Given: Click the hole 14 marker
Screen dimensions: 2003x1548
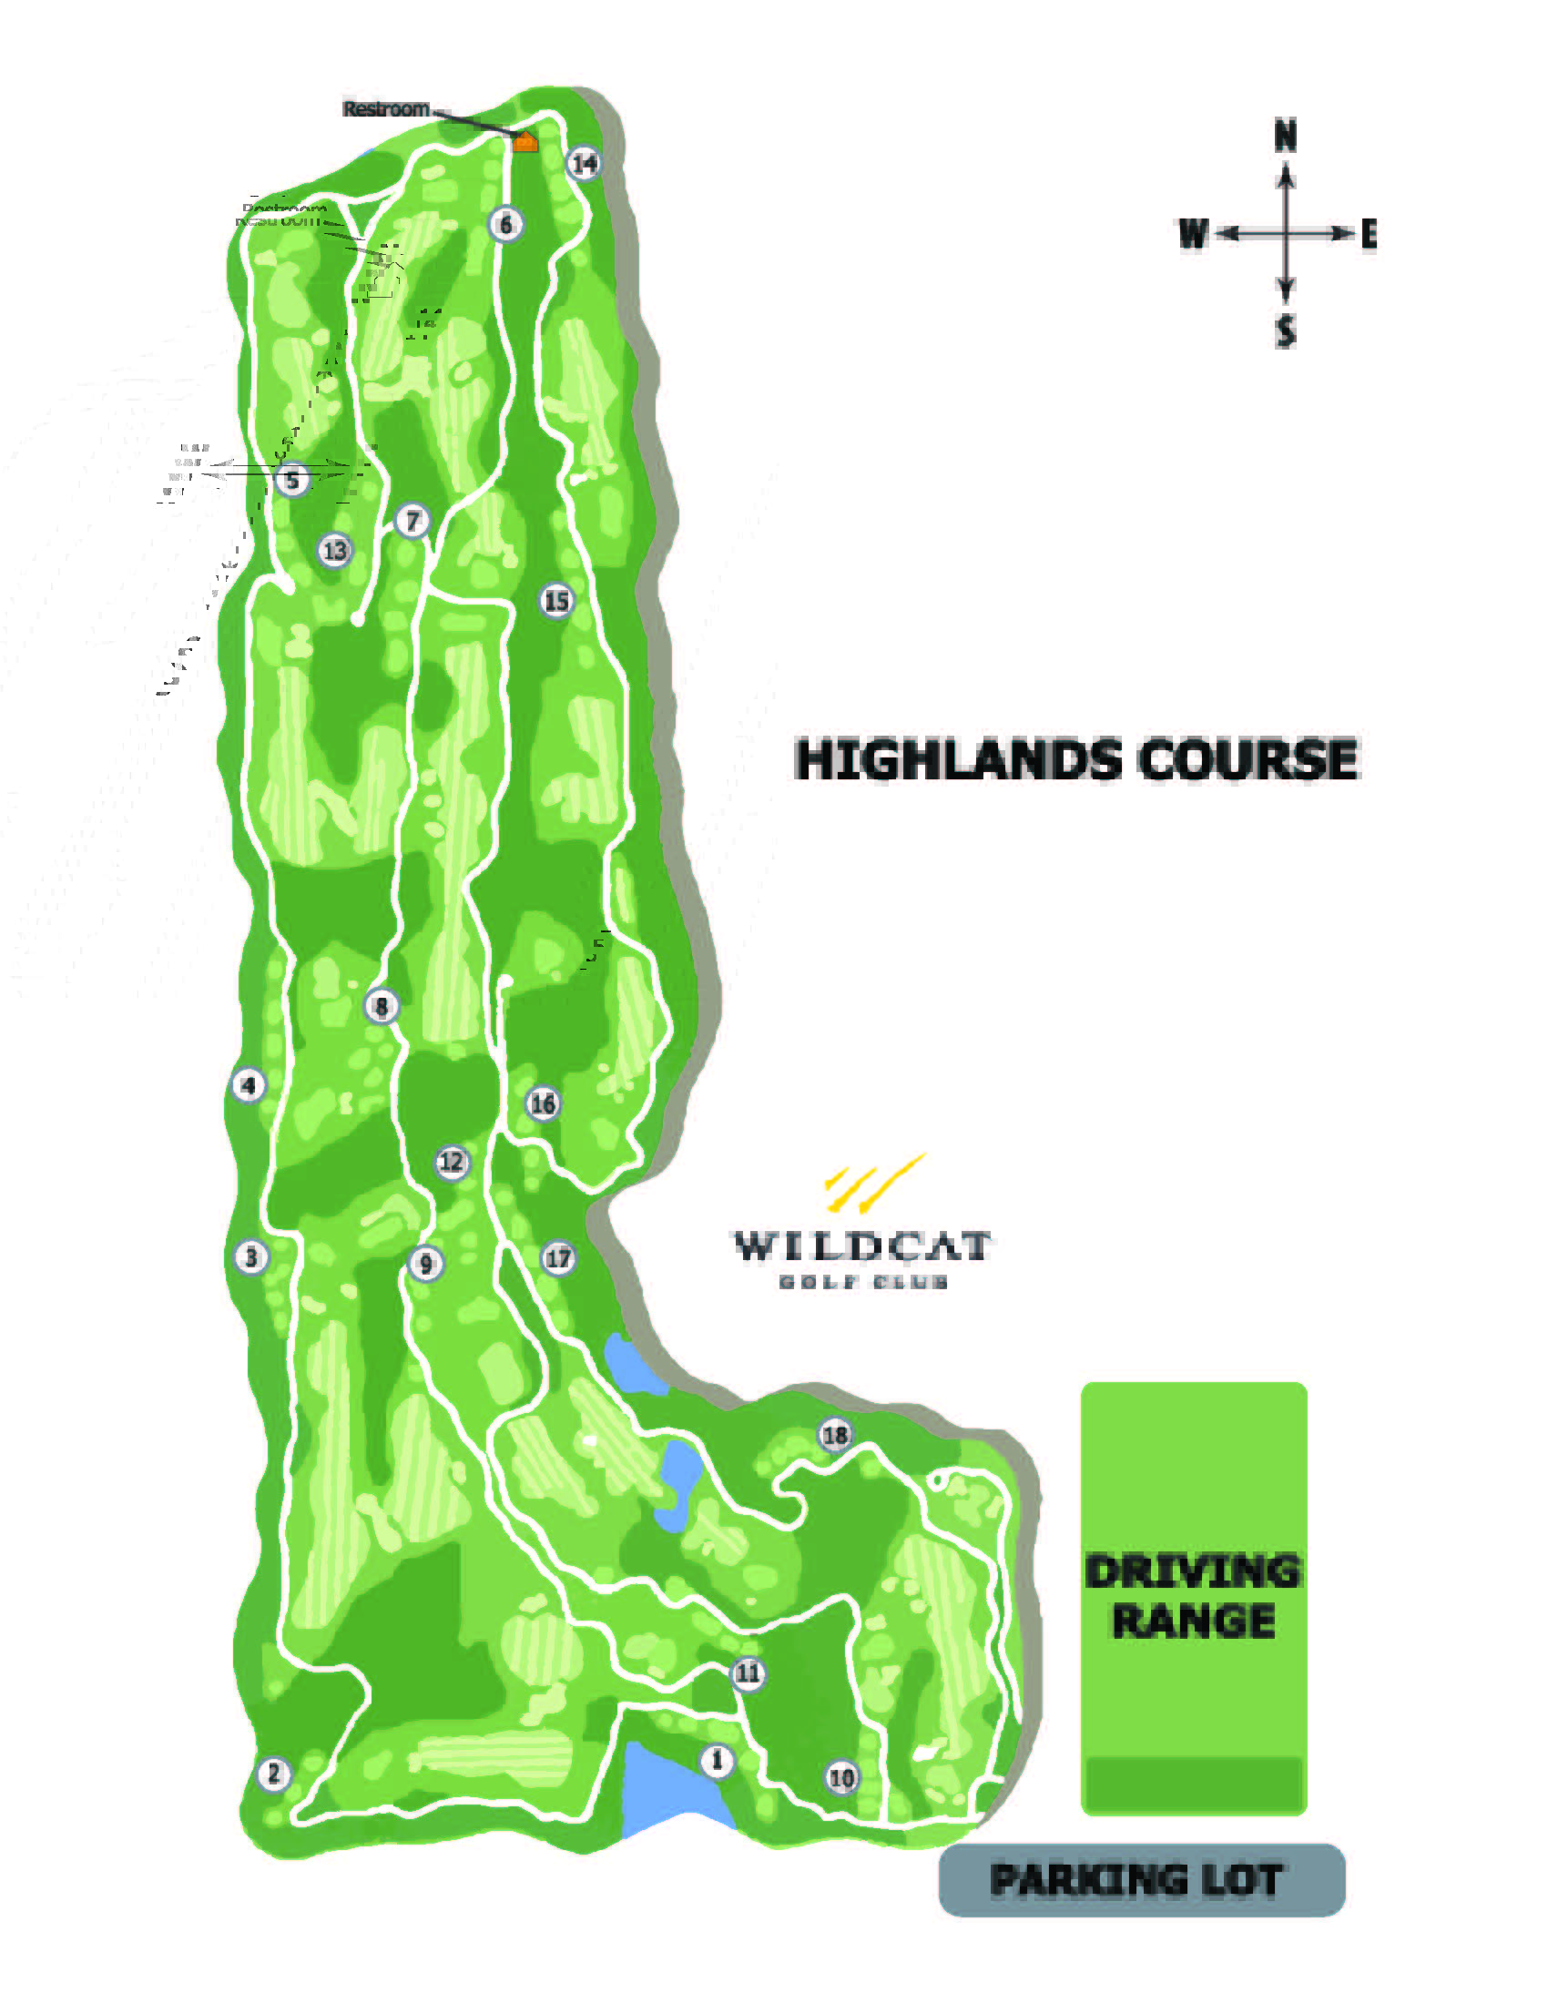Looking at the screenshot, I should tap(585, 163).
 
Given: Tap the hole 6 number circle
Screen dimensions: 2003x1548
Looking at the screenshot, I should tap(506, 224).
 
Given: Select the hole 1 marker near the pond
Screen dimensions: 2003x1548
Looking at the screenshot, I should tap(718, 1760).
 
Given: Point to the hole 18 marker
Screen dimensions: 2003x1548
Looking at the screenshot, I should tap(834, 1435).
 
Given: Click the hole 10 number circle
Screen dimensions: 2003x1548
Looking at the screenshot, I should tap(841, 1777).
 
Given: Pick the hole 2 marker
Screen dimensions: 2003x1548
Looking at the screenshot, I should tap(273, 1774).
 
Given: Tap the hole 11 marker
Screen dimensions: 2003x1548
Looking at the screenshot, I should tap(749, 1673).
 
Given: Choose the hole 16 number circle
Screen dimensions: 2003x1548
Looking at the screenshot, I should tap(543, 1103).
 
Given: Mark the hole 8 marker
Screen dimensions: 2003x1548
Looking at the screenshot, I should tap(382, 1006).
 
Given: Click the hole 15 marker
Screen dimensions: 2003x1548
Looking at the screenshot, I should tap(556, 601).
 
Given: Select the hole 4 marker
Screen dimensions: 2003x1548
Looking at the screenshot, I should tap(248, 1085).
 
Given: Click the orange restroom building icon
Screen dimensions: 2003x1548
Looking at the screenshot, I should tap(524, 141).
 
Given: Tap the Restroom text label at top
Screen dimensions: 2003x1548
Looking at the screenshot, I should tap(386, 109).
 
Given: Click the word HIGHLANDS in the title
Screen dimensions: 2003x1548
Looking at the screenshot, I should tap(958, 760).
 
